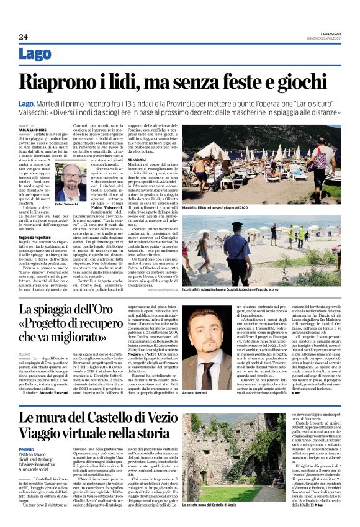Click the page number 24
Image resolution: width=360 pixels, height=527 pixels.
click(x=23, y=37)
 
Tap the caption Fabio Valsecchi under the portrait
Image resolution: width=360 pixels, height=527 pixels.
click(x=66, y=204)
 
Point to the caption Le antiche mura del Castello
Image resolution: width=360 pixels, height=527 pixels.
click(x=219, y=523)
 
